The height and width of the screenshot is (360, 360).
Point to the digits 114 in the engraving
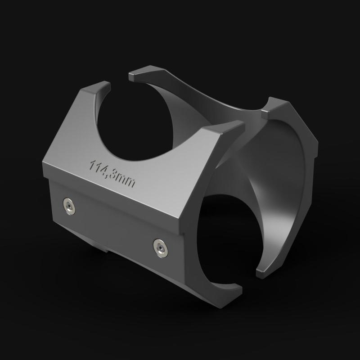(98, 166)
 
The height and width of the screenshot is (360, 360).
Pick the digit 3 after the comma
(115, 175)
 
